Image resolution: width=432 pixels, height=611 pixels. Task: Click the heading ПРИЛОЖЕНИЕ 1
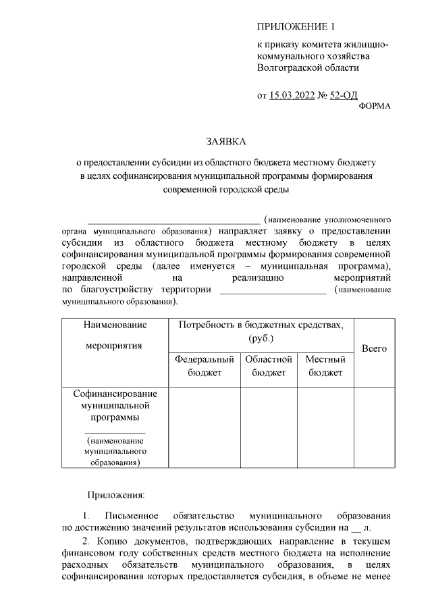pos(296,26)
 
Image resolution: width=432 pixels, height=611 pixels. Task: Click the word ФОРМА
pos(374,107)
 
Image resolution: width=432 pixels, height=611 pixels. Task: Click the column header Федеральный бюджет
pos(205,366)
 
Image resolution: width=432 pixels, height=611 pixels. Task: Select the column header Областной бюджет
pos(269,366)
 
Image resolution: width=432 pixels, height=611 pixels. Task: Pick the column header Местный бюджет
pos(325,366)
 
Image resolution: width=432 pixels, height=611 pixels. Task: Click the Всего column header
pos(374,349)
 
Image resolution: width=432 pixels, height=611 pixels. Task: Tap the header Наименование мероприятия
pos(115,336)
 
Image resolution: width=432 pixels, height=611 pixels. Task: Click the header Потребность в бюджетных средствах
pos(261,331)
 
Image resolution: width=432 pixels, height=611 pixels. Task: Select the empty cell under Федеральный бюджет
pos(205,427)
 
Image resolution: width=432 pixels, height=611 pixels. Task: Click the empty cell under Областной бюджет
pos(269,427)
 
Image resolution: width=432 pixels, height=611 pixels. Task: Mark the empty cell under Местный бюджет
pos(325,427)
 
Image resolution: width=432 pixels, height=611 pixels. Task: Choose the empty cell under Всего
pos(374,427)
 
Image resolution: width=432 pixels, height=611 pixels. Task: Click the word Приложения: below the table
pos(115,496)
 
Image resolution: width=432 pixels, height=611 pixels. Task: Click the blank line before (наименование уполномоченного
pos(173,221)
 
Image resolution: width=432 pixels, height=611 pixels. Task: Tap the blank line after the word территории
pos(273,292)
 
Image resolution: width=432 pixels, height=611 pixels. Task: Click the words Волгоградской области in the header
pos(308,68)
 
